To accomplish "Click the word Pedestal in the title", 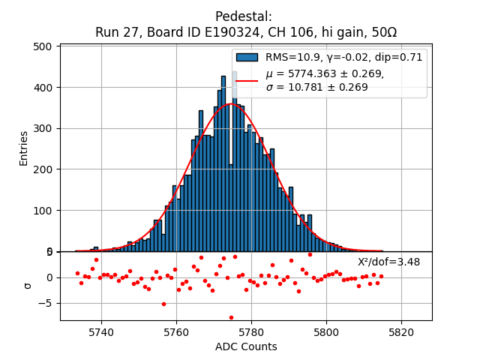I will (244, 16).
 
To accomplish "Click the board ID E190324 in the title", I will (220, 32).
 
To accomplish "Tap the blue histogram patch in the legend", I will (247, 57).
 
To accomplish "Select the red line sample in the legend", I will (247, 80).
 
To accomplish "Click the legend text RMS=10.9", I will (295, 57).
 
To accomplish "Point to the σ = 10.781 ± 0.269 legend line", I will (316, 88).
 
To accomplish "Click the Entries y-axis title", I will (24, 148).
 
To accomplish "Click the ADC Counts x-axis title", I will (246, 346).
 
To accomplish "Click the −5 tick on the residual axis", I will (48, 304).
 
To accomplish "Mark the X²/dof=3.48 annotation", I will (388, 262).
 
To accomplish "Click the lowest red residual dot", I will (231, 317).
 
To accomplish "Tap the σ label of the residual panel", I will (28, 285).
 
